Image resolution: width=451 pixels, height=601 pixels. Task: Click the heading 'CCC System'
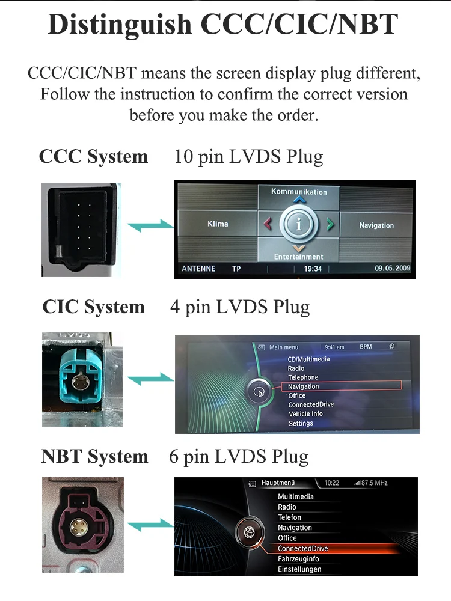tap(93, 157)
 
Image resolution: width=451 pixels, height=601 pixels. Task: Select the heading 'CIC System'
tap(93, 307)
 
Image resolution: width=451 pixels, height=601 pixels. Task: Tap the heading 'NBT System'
tap(94, 456)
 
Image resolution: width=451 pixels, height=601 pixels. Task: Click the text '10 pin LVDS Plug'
tap(248, 157)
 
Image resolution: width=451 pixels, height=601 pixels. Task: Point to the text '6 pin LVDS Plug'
tap(239, 456)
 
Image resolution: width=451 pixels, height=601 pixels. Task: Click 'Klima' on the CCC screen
tap(218, 224)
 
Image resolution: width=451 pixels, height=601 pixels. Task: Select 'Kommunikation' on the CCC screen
tap(299, 192)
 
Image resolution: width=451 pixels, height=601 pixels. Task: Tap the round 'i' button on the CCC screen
tap(299, 224)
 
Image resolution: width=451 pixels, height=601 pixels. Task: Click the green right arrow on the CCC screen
tap(330, 224)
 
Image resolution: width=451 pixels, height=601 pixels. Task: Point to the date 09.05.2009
tap(392, 269)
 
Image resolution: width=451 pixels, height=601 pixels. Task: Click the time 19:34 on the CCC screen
tap(313, 269)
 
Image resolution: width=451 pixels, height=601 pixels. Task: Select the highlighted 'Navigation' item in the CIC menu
tap(303, 386)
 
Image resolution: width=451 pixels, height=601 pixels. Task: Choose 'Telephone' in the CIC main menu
tap(303, 377)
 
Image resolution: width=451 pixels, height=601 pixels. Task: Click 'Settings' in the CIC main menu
tap(301, 423)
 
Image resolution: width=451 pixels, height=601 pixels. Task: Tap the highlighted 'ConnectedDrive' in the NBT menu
tap(303, 549)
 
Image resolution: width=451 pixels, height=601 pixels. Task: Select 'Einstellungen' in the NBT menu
tap(299, 569)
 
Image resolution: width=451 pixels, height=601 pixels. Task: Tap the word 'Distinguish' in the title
tap(120, 25)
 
